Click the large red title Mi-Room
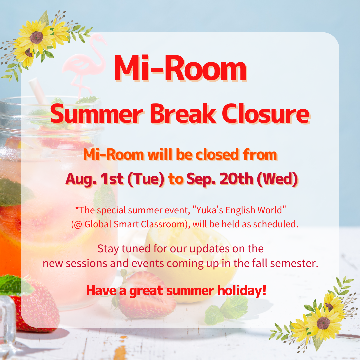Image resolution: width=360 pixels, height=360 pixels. click(180, 68)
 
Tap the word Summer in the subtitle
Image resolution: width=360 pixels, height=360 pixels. click(97, 114)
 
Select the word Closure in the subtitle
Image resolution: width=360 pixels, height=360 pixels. click(266, 114)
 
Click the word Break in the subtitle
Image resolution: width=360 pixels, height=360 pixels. click(183, 114)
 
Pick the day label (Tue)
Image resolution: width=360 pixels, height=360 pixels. click(146, 179)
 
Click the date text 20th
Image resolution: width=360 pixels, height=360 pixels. click(236, 179)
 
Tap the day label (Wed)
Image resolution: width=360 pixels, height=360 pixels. click(277, 179)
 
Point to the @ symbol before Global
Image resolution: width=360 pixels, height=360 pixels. click(78, 224)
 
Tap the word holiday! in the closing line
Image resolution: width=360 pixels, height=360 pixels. click(242, 290)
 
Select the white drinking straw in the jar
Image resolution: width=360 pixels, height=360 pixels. click(38, 91)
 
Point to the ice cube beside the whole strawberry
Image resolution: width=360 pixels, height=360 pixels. click(7, 321)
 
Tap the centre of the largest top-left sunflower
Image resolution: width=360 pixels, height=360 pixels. click(36, 37)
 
